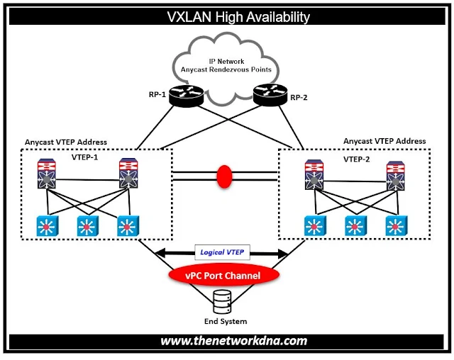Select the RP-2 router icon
266,94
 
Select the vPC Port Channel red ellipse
225,275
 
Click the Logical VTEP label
224,252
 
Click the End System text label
225,322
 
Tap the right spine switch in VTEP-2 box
396,178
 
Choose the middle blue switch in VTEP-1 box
87,227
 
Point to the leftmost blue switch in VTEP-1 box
47,227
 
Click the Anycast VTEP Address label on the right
384,141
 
